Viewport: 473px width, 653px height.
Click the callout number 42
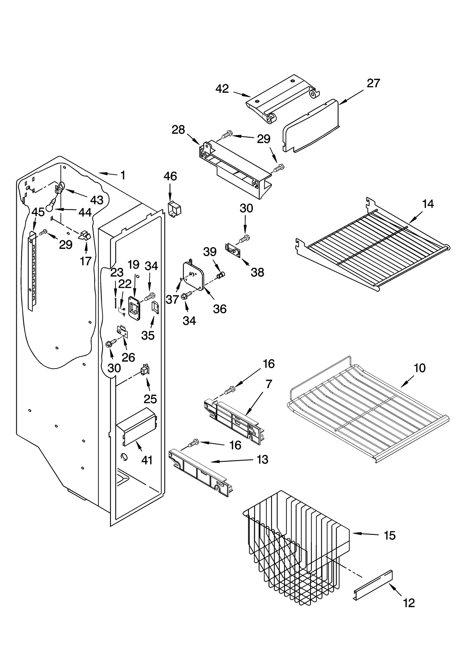click(222, 88)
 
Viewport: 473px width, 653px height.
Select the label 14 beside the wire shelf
click(428, 204)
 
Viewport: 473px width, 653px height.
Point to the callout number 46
click(170, 176)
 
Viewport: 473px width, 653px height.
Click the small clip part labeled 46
click(174, 209)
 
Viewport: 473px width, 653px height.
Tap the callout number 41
click(147, 460)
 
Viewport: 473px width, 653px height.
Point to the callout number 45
click(38, 212)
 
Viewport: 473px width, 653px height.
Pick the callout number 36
click(220, 309)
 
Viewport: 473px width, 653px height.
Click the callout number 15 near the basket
click(389, 535)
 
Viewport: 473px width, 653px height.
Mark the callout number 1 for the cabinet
click(123, 175)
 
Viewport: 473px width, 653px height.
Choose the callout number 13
click(262, 459)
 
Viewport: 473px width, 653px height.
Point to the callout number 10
click(419, 368)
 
